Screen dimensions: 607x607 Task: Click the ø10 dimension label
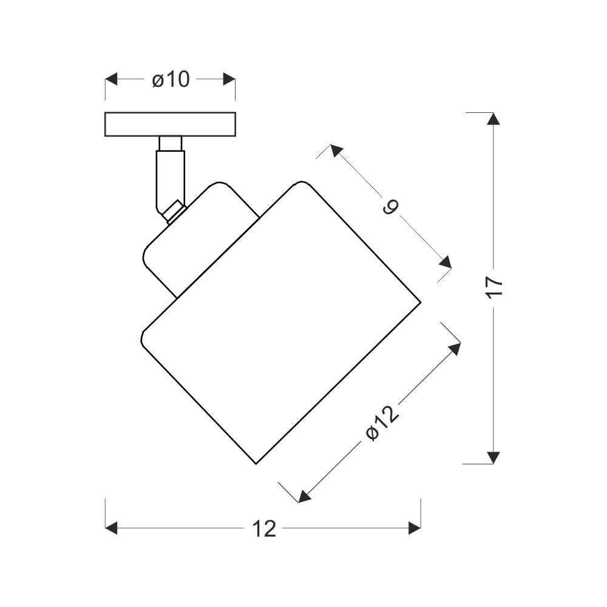[x=171, y=80]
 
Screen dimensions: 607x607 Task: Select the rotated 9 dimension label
[x=390, y=207]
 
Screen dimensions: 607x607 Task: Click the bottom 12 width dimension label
[x=264, y=529]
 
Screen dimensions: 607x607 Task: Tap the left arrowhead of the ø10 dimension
[x=111, y=79]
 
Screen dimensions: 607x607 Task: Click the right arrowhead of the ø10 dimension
[x=229, y=79]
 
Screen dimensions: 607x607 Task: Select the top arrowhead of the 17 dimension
[x=493, y=118]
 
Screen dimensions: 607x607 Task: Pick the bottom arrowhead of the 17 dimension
[x=493, y=458]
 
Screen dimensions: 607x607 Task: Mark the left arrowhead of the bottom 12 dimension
[x=111, y=527]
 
